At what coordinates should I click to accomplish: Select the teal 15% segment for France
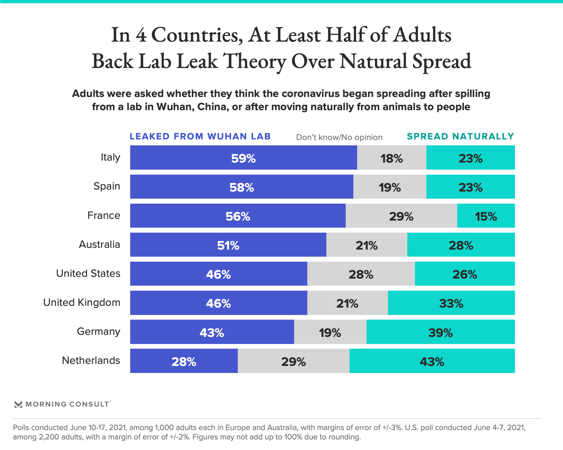486,216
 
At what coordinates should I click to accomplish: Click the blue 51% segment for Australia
228,245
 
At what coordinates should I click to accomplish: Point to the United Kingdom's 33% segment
451,303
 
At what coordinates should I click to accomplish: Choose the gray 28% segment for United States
361,274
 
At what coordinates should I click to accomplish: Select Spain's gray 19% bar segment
390,187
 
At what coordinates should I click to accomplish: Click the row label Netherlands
91,360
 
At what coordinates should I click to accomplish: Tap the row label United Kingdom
82,302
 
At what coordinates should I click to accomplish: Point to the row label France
104,215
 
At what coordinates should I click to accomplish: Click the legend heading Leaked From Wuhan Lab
200,137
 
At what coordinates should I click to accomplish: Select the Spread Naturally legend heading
460,137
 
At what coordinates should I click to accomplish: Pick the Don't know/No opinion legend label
339,137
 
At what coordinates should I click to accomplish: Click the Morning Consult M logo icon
18,404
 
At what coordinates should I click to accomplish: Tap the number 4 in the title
141,35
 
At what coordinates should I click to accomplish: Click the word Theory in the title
255,62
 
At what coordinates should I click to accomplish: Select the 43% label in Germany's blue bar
212,333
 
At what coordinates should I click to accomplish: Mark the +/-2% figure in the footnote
180,437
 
